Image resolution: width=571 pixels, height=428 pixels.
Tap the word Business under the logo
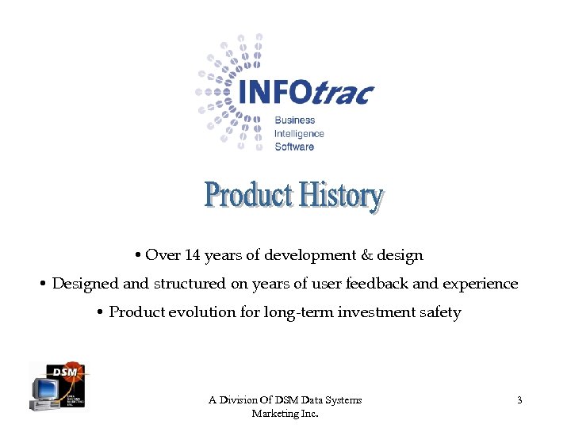pyautogui.click(x=294, y=120)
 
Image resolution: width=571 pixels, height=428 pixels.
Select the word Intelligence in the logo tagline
pyautogui.click(x=299, y=134)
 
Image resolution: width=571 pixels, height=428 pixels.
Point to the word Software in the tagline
pyautogui.click(x=294, y=147)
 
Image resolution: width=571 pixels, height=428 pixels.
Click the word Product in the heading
pyautogui.click(x=249, y=195)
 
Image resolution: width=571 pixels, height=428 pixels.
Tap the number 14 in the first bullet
pyautogui.click(x=193, y=255)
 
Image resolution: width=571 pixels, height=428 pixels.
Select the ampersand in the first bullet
pyautogui.click(x=366, y=255)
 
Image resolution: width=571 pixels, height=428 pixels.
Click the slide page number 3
pyautogui.click(x=519, y=400)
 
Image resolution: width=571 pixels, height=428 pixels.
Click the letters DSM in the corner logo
pyautogui.click(x=64, y=371)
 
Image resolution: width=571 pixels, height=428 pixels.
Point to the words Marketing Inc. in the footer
pyautogui.click(x=285, y=414)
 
